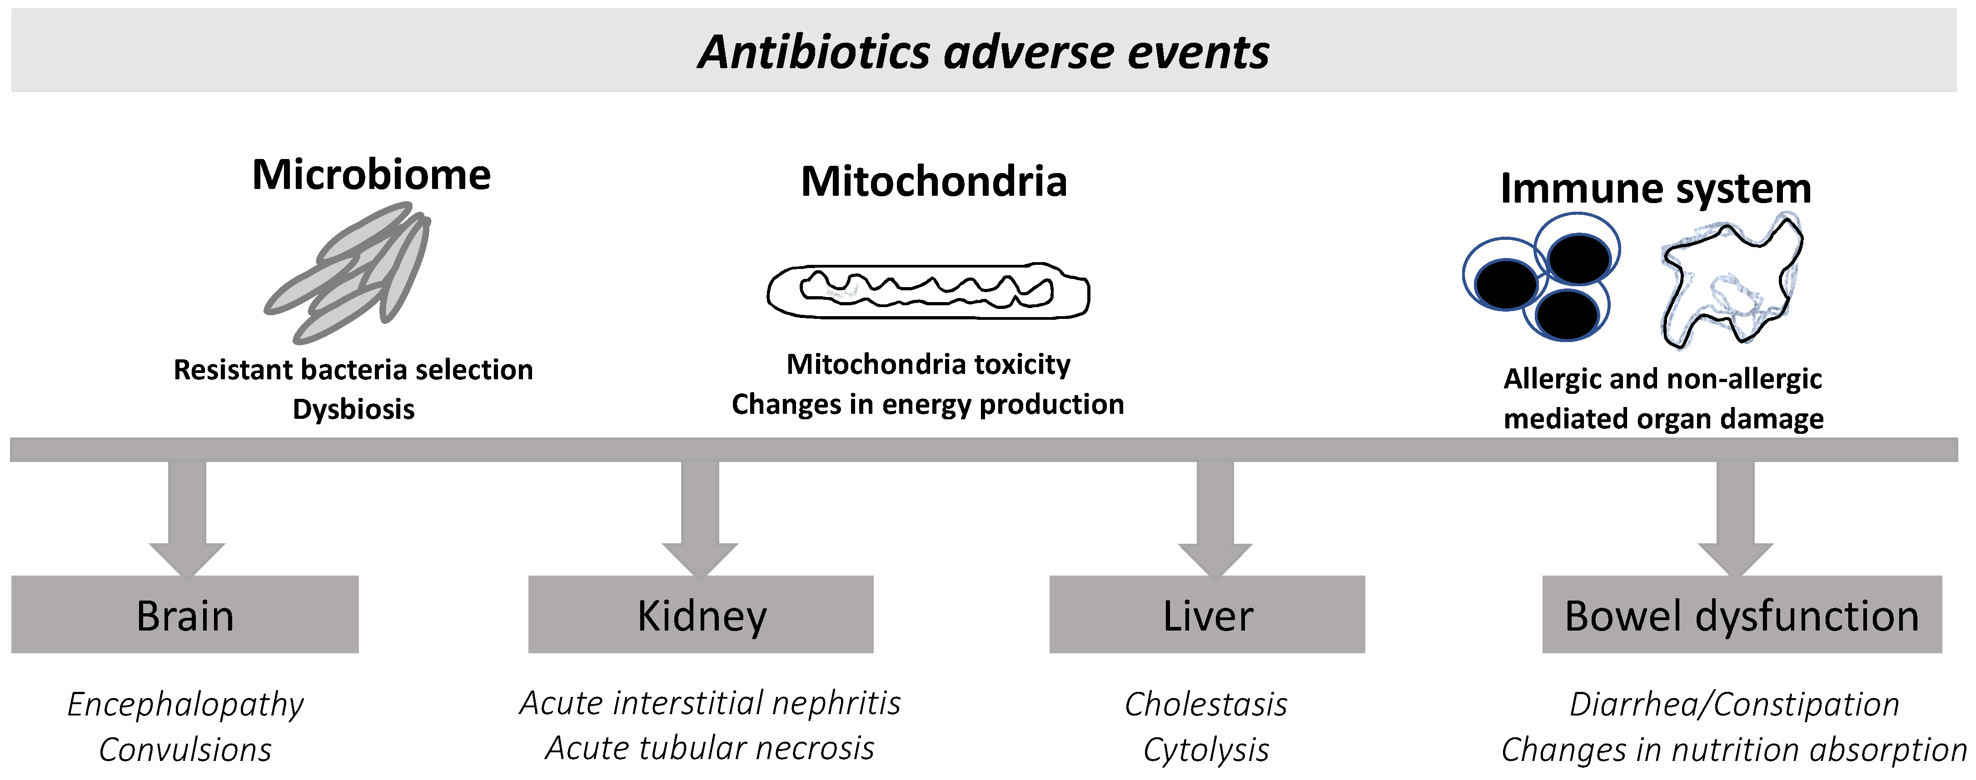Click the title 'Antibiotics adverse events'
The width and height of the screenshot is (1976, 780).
pos(983,52)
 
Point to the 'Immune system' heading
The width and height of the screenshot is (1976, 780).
pos(1655,188)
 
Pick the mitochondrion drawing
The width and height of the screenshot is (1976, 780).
pos(928,292)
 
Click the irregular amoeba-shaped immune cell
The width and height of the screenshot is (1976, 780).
pos(1732,284)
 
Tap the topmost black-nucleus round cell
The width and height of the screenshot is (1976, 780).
pos(1578,257)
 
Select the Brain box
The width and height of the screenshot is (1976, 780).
pos(185,614)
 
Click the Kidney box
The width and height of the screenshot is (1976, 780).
pos(700,614)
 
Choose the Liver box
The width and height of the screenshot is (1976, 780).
pos(1207,614)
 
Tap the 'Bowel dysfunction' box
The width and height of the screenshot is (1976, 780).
pos(1741,614)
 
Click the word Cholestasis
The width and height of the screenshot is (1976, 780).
pos(1206,704)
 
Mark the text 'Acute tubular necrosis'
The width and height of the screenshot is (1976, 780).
pos(710,748)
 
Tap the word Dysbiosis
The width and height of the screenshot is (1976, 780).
pos(353,410)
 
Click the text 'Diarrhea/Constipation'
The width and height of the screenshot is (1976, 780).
pos(1734,704)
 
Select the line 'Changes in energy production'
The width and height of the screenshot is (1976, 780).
pos(927,404)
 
